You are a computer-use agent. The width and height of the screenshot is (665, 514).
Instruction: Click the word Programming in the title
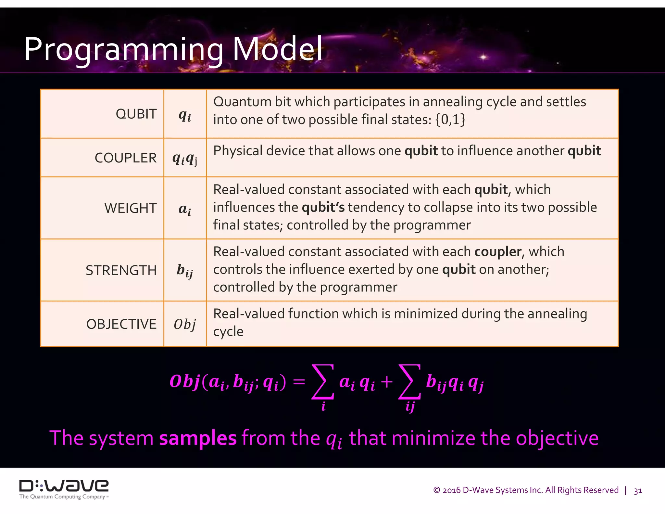pos(123,50)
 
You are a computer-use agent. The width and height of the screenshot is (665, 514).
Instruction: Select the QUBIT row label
pos(136,114)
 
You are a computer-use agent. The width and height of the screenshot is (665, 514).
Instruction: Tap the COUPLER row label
pos(125,158)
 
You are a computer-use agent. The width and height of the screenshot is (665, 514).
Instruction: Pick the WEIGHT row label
pos(130,208)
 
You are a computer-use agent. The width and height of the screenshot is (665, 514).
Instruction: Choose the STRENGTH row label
pos(121,270)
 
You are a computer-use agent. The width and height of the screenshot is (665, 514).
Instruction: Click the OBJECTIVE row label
pos(121,324)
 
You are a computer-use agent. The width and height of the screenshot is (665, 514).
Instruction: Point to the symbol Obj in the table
pos(185,324)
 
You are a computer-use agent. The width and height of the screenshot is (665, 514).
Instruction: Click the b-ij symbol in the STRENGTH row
pos(185,271)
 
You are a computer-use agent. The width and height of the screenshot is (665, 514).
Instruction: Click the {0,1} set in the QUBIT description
pos(450,120)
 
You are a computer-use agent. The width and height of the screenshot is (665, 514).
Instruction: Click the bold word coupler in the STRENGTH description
pos(498,252)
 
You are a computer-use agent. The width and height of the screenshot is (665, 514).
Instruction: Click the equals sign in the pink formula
pos(299,382)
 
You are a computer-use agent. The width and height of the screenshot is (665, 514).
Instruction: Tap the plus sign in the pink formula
pos(386,382)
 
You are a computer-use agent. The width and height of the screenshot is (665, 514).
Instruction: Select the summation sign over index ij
pos(410,382)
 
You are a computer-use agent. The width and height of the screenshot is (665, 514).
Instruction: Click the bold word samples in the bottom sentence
pos(198,438)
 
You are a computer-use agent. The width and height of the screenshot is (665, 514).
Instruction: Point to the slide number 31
pos(638,491)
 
